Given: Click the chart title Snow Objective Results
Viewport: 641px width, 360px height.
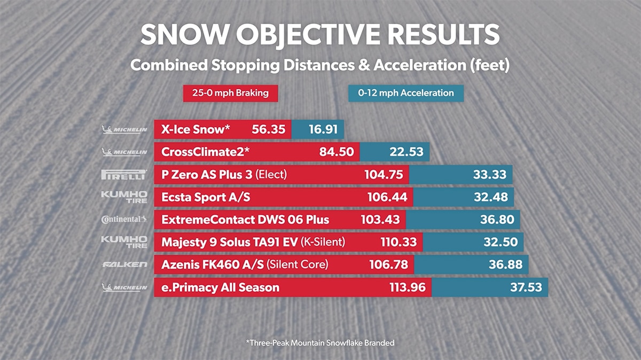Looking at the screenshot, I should coord(320,35).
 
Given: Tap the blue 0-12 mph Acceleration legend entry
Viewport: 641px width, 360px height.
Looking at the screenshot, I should coord(406,93).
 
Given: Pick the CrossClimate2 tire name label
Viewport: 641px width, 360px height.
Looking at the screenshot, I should coord(205,152).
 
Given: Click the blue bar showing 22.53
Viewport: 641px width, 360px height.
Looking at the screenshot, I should coord(395,152).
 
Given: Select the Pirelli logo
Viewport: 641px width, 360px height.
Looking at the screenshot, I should coord(123,175).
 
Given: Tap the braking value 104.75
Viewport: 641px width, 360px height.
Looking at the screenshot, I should coord(382,175).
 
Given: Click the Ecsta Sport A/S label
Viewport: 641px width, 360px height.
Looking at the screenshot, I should coord(206,197).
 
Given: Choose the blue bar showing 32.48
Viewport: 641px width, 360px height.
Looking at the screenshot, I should coord(464,197).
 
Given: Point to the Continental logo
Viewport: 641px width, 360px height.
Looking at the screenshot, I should coord(123,220).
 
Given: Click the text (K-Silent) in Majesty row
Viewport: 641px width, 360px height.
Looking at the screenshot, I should coord(323,242).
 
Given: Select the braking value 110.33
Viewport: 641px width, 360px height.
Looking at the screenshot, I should coord(398,242).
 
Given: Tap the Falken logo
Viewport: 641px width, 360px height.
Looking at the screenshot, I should coord(123,264).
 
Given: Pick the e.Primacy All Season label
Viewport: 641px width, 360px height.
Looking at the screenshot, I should coord(220,287).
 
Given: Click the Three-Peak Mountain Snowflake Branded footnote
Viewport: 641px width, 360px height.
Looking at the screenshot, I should coord(320,342).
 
